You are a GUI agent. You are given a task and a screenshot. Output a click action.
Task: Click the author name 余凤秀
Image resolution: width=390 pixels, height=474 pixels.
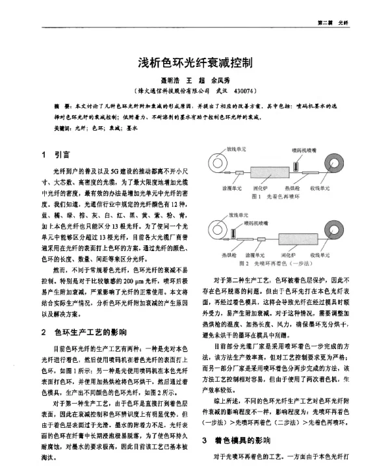[222, 81]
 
